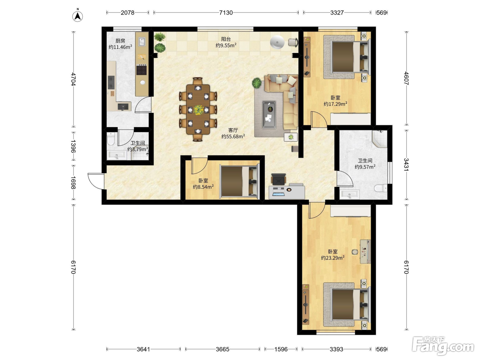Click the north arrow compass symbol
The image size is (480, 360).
pos(77,15)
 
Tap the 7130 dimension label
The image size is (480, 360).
pos(226,13)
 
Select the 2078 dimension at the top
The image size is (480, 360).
pos(128,13)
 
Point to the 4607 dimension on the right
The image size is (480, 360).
pos(406,78)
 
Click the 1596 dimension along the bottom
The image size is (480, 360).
pos(281,349)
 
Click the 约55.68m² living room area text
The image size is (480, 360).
pos(233,136)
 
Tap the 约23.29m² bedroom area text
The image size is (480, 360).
pos(333,258)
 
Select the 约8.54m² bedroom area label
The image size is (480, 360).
pos(203,187)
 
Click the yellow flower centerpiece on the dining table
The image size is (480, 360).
pos(198,110)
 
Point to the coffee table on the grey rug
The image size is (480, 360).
pos(269,115)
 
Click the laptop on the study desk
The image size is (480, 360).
pos(278,192)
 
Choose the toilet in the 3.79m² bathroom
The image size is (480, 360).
pos(111,139)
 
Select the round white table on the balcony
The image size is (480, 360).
pos(277,42)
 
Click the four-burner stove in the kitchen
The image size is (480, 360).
pos(142,69)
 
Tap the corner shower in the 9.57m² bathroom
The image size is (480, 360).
pos(380,139)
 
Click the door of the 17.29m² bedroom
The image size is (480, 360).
pos(319,119)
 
